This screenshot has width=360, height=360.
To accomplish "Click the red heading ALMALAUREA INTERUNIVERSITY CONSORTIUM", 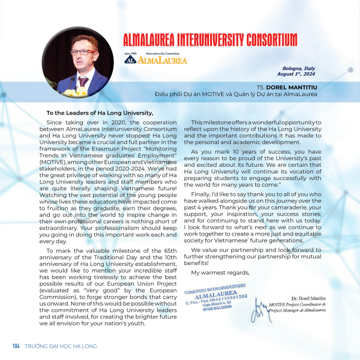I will [210, 40].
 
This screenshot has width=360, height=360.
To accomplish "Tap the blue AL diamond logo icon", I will [130, 59].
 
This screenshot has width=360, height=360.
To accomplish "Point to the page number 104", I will [16, 346].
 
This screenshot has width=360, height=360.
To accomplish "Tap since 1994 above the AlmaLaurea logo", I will [131, 53].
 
